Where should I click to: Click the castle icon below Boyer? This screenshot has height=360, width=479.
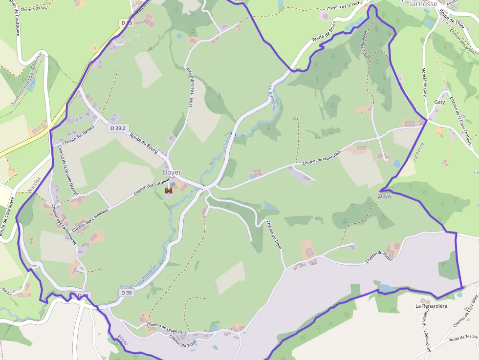pyautogui.click(x=169, y=191)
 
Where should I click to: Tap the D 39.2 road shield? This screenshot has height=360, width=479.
pyautogui.click(x=117, y=128)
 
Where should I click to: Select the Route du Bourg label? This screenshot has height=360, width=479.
pyautogui.click(x=144, y=144)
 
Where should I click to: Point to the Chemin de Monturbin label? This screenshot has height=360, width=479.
pyautogui.click(x=323, y=157)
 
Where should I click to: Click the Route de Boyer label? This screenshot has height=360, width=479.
pyautogui.click(x=325, y=37)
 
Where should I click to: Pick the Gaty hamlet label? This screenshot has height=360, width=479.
pyautogui.click(x=439, y=102)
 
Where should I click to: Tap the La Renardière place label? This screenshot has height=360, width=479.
pyautogui.click(x=431, y=306)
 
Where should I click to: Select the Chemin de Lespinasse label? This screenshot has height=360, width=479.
pyautogui.click(x=167, y=329)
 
